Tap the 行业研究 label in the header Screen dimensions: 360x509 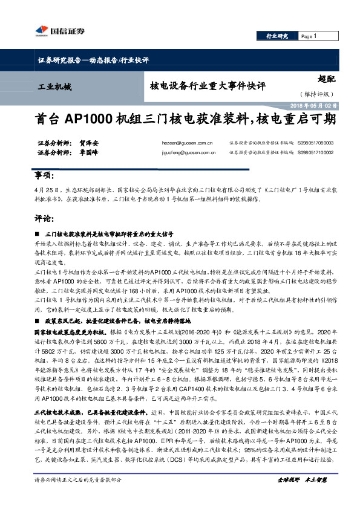point(277,37)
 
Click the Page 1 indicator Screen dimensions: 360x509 point(310,37)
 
